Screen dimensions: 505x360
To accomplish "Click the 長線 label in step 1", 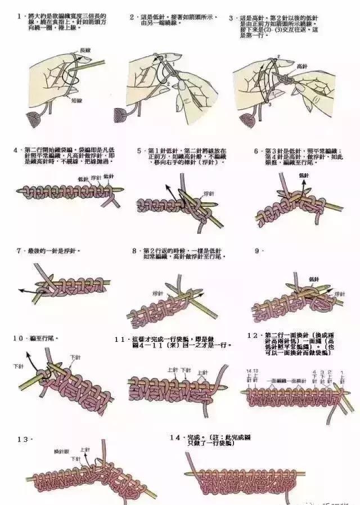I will [85, 51].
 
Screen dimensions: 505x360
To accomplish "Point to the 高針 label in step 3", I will [301, 66].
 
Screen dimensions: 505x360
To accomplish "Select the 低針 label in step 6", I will [304, 175].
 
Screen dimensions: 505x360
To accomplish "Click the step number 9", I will [257, 250].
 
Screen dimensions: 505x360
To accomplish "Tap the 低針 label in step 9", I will [314, 279].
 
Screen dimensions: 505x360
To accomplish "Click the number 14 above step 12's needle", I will [247, 372].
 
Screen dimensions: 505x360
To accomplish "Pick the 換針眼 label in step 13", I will [61, 452].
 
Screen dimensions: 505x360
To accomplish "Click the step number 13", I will [22, 439].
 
